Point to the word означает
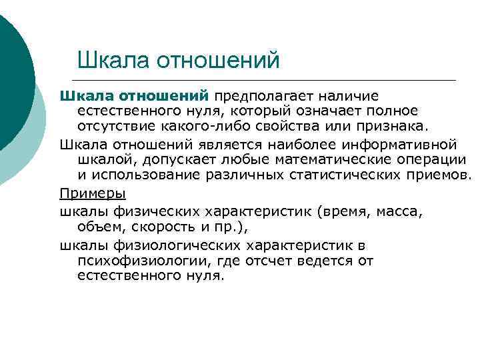pos(331,110)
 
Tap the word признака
pos(393,126)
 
